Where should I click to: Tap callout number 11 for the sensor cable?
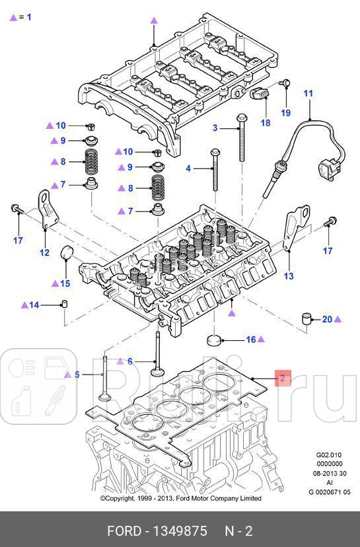pyautogui.click(x=308, y=94)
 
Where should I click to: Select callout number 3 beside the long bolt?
pyautogui.click(x=215, y=128)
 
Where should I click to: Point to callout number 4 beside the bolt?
pyautogui.click(x=188, y=168)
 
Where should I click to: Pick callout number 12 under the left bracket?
pyautogui.click(x=44, y=252)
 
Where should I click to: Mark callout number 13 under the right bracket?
pyautogui.click(x=289, y=275)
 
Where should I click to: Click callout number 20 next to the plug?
pyautogui.click(x=327, y=319)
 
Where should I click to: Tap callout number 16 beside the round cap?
pyautogui.click(x=250, y=340)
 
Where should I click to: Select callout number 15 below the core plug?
pyautogui.click(x=65, y=283)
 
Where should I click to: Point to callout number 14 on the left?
pyautogui.click(x=34, y=305)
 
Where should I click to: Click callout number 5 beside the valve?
pyautogui.click(x=77, y=375)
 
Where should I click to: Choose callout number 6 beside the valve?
pyautogui.click(x=130, y=361)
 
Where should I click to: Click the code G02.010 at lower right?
pyautogui.click(x=328, y=455)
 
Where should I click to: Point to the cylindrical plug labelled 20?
pyautogui.click(x=307, y=318)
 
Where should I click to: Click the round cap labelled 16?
pyautogui.click(x=215, y=340)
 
